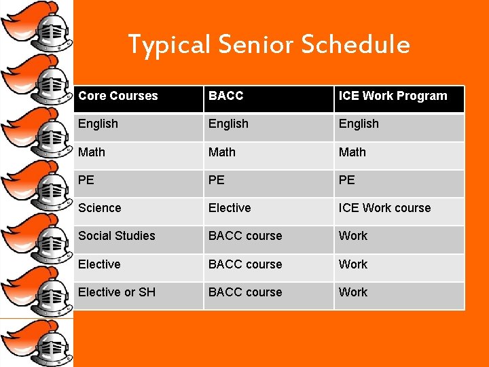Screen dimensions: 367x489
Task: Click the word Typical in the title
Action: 170,45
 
